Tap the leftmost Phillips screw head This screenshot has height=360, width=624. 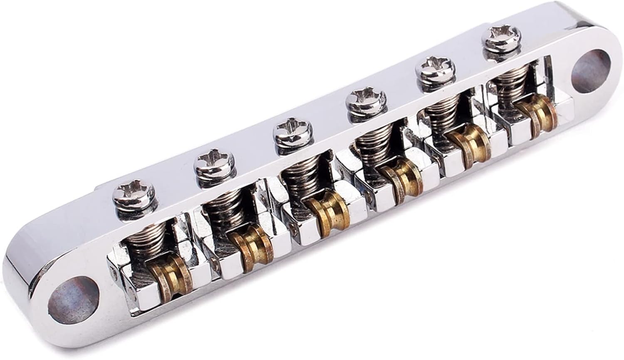(134, 194)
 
